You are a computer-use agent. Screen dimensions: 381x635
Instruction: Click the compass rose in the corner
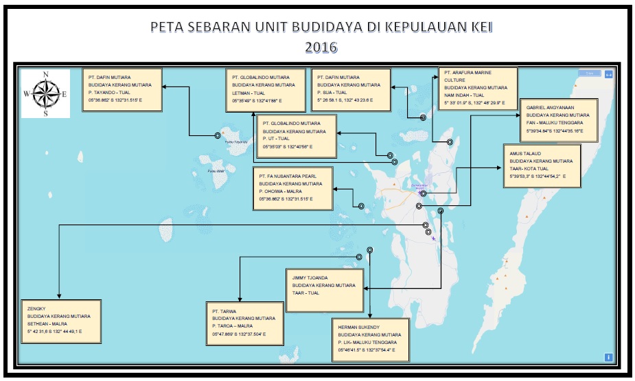pyautogui.click(x=45, y=94)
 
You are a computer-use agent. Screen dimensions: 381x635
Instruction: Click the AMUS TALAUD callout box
pyautogui.click(x=542, y=165)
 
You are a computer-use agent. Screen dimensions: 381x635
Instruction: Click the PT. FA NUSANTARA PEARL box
pyautogui.click(x=294, y=187)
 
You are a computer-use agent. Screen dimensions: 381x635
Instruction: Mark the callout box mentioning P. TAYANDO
pyautogui.click(x=122, y=89)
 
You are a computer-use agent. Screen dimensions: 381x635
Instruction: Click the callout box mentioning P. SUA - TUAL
pyautogui.click(x=350, y=89)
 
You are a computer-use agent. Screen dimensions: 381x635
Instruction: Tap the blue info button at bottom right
pyautogui.click(x=608, y=356)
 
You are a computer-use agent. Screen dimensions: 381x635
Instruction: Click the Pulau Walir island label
pyautogui.click(x=217, y=171)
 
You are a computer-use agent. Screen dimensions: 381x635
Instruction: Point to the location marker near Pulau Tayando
pyautogui.click(x=222, y=135)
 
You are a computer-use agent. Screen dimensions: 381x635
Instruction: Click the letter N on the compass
pyautogui.click(x=45, y=75)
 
